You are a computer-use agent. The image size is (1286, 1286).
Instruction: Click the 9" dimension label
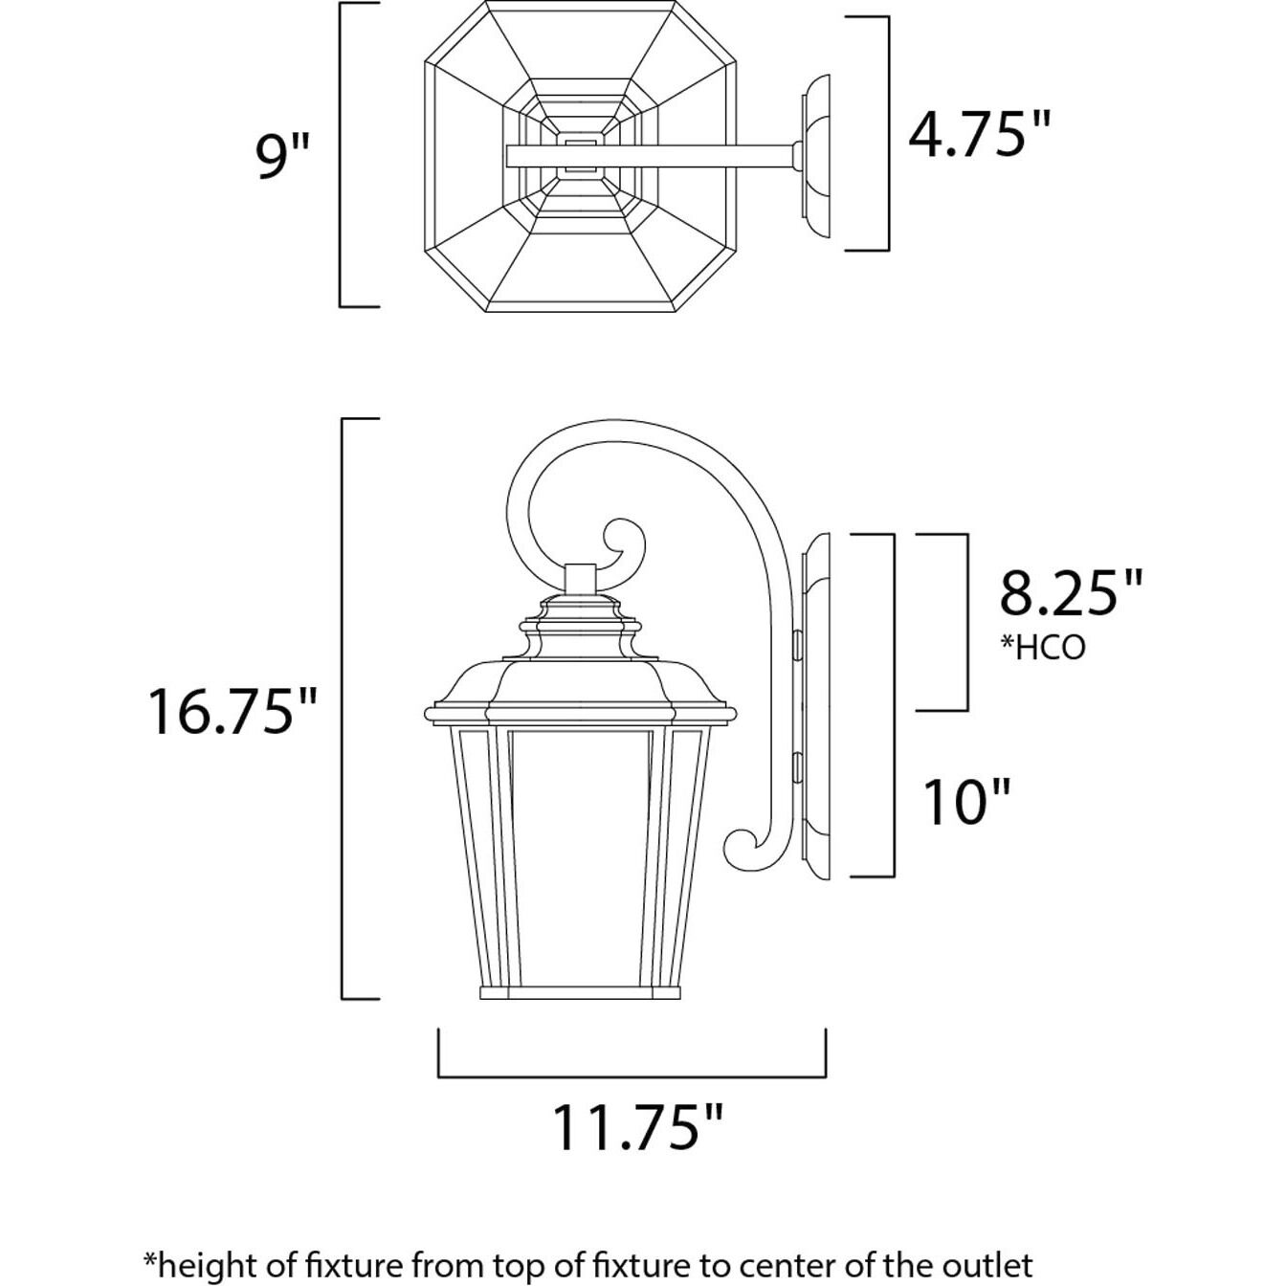(283, 155)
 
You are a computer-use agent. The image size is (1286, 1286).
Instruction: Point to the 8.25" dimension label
(1071, 593)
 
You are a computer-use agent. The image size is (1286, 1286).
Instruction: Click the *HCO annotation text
(1043, 648)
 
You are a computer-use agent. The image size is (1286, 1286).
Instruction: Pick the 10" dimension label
(966, 802)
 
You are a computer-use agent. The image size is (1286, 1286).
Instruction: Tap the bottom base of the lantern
(580, 991)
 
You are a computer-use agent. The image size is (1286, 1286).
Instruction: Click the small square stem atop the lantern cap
(580, 578)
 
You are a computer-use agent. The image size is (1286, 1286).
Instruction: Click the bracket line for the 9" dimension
(342, 155)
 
